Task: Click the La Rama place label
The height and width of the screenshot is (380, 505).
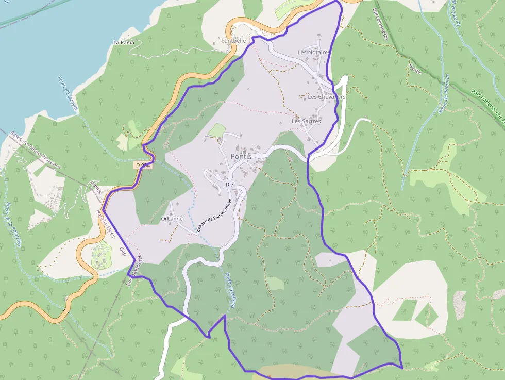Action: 124,42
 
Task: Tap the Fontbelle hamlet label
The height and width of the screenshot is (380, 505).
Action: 234,40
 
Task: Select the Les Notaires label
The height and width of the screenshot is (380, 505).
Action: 313,53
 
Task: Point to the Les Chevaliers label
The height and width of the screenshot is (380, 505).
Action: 327,97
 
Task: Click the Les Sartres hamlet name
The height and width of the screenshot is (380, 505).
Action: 306,122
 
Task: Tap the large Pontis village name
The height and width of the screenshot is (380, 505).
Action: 241,156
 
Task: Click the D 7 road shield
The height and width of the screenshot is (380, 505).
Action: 229,185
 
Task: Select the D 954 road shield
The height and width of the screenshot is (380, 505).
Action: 143,165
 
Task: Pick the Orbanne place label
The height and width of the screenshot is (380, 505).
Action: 172,218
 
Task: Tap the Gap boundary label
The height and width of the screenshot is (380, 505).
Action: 123,251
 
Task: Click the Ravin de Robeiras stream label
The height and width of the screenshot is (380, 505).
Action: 444,93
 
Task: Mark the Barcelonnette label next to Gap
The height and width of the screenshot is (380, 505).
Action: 133,271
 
